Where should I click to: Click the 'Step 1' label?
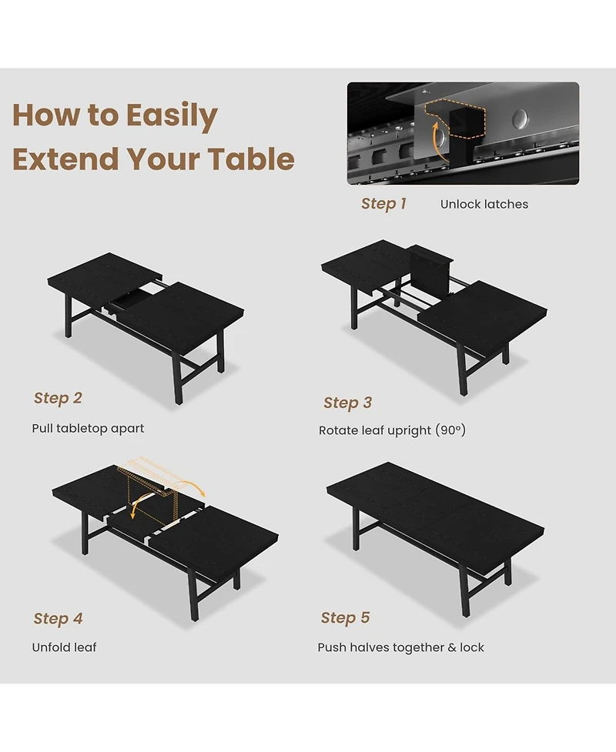(x=383, y=204)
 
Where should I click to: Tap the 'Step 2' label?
(x=58, y=398)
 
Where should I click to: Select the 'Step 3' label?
(x=347, y=403)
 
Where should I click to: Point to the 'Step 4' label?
(x=58, y=619)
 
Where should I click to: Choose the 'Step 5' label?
(x=345, y=618)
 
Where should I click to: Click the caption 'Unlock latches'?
(x=484, y=204)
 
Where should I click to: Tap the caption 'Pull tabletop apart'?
(x=88, y=428)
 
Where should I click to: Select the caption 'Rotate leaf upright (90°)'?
(x=392, y=430)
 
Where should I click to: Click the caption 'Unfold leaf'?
(x=64, y=647)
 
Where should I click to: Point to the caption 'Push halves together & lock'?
(x=400, y=647)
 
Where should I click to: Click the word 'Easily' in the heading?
(x=172, y=115)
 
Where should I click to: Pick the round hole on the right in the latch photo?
(x=521, y=119)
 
